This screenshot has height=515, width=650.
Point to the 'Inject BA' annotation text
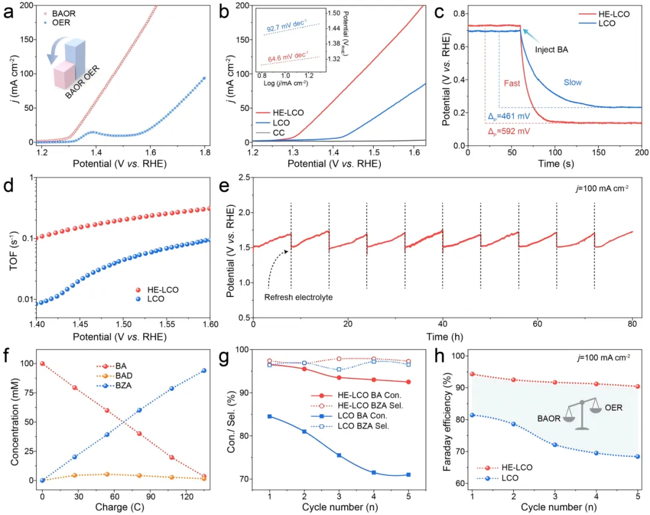552,49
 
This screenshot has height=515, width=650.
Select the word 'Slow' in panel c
572,83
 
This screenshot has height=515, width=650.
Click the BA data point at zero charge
42,364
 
